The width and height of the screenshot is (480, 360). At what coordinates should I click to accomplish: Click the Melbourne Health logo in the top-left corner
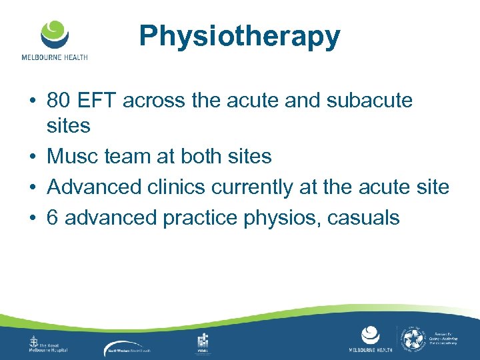[54, 40]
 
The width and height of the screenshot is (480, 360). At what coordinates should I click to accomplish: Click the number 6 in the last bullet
[53, 217]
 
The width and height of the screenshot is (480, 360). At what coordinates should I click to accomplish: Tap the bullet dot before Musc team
[32, 157]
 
